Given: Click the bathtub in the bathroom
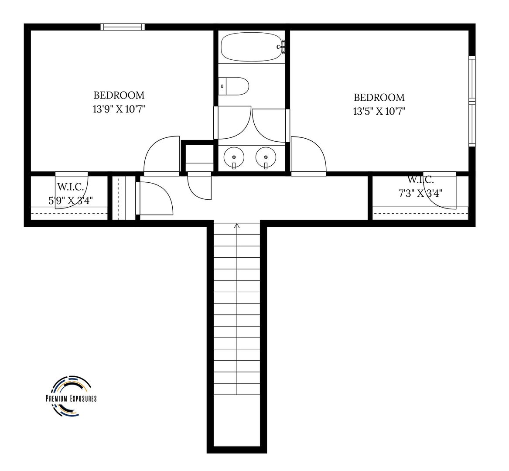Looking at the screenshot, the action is pos(252,47).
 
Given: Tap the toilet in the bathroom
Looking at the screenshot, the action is pos(234,86).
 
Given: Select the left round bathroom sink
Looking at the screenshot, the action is pos(234,157).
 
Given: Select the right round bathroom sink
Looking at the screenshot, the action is pos(266,157).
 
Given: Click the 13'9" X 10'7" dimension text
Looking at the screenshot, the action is pos(119,109).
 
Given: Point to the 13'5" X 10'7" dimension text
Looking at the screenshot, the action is pos(379,112).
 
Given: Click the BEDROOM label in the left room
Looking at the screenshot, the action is pos(119,96).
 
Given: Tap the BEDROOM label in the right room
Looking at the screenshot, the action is pos(379,98).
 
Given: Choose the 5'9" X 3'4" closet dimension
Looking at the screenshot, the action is pos(71,201).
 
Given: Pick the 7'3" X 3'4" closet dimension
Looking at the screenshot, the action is pos(420,194).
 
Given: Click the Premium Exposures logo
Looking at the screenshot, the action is pos(72,397).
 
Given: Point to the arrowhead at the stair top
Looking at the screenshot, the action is pos(237,225).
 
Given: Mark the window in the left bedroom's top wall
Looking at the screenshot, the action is pos(123,27).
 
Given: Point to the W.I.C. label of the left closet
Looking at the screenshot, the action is pos(71,187).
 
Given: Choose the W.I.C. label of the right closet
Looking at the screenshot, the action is pos(420,180).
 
